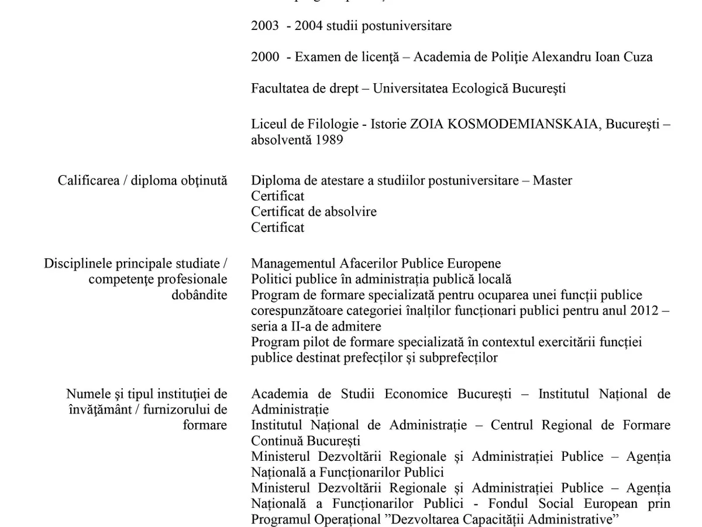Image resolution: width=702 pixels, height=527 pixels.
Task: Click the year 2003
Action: pyautogui.click(x=265, y=26)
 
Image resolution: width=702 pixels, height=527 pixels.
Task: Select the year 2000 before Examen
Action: pyautogui.click(x=265, y=57)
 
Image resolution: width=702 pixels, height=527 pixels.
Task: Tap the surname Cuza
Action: pyautogui.click(x=638, y=57)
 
